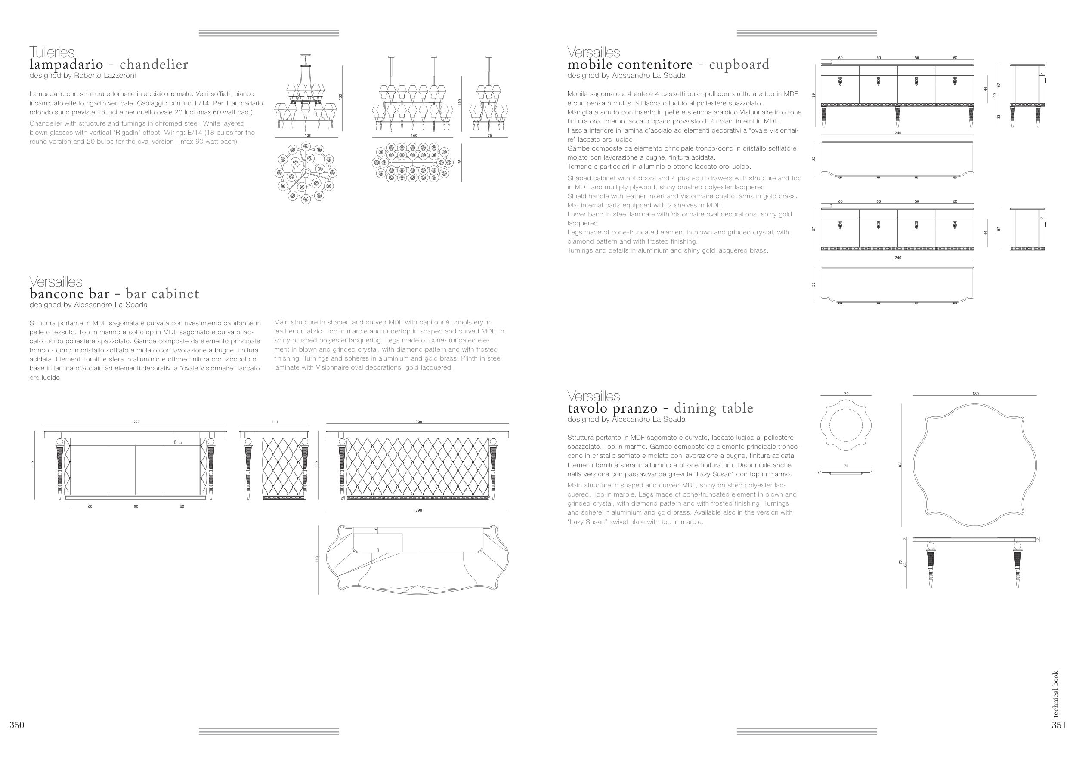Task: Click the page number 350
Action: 17,725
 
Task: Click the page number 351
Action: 1059,725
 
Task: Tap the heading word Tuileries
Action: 52,52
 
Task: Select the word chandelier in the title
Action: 154,65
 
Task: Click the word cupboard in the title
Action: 739,65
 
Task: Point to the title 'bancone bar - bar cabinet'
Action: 114,294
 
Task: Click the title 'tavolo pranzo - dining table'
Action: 660,408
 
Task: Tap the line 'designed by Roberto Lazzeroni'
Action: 83,75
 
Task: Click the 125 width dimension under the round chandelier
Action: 308,136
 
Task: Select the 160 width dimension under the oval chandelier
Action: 414,136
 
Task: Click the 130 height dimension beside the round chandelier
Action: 340,96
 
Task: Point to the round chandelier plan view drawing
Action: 305,173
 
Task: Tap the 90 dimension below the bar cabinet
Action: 136,506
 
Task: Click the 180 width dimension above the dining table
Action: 975,394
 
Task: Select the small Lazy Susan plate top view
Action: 846,425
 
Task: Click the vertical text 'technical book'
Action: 1056,694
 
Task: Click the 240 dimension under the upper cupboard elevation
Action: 898,133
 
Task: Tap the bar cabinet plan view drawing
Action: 417,559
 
